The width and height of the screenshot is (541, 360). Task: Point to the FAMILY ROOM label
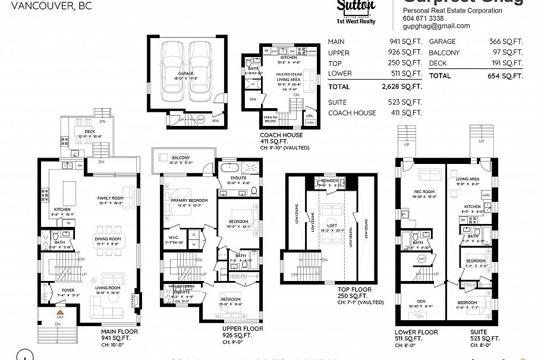pyautogui.click(x=111, y=198)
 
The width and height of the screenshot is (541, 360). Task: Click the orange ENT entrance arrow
pyautogui.click(x=59, y=311)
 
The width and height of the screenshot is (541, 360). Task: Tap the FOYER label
pyautogui.click(x=68, y=290)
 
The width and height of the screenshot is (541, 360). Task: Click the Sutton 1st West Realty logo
pyautogui.click(x=356, y=12)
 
